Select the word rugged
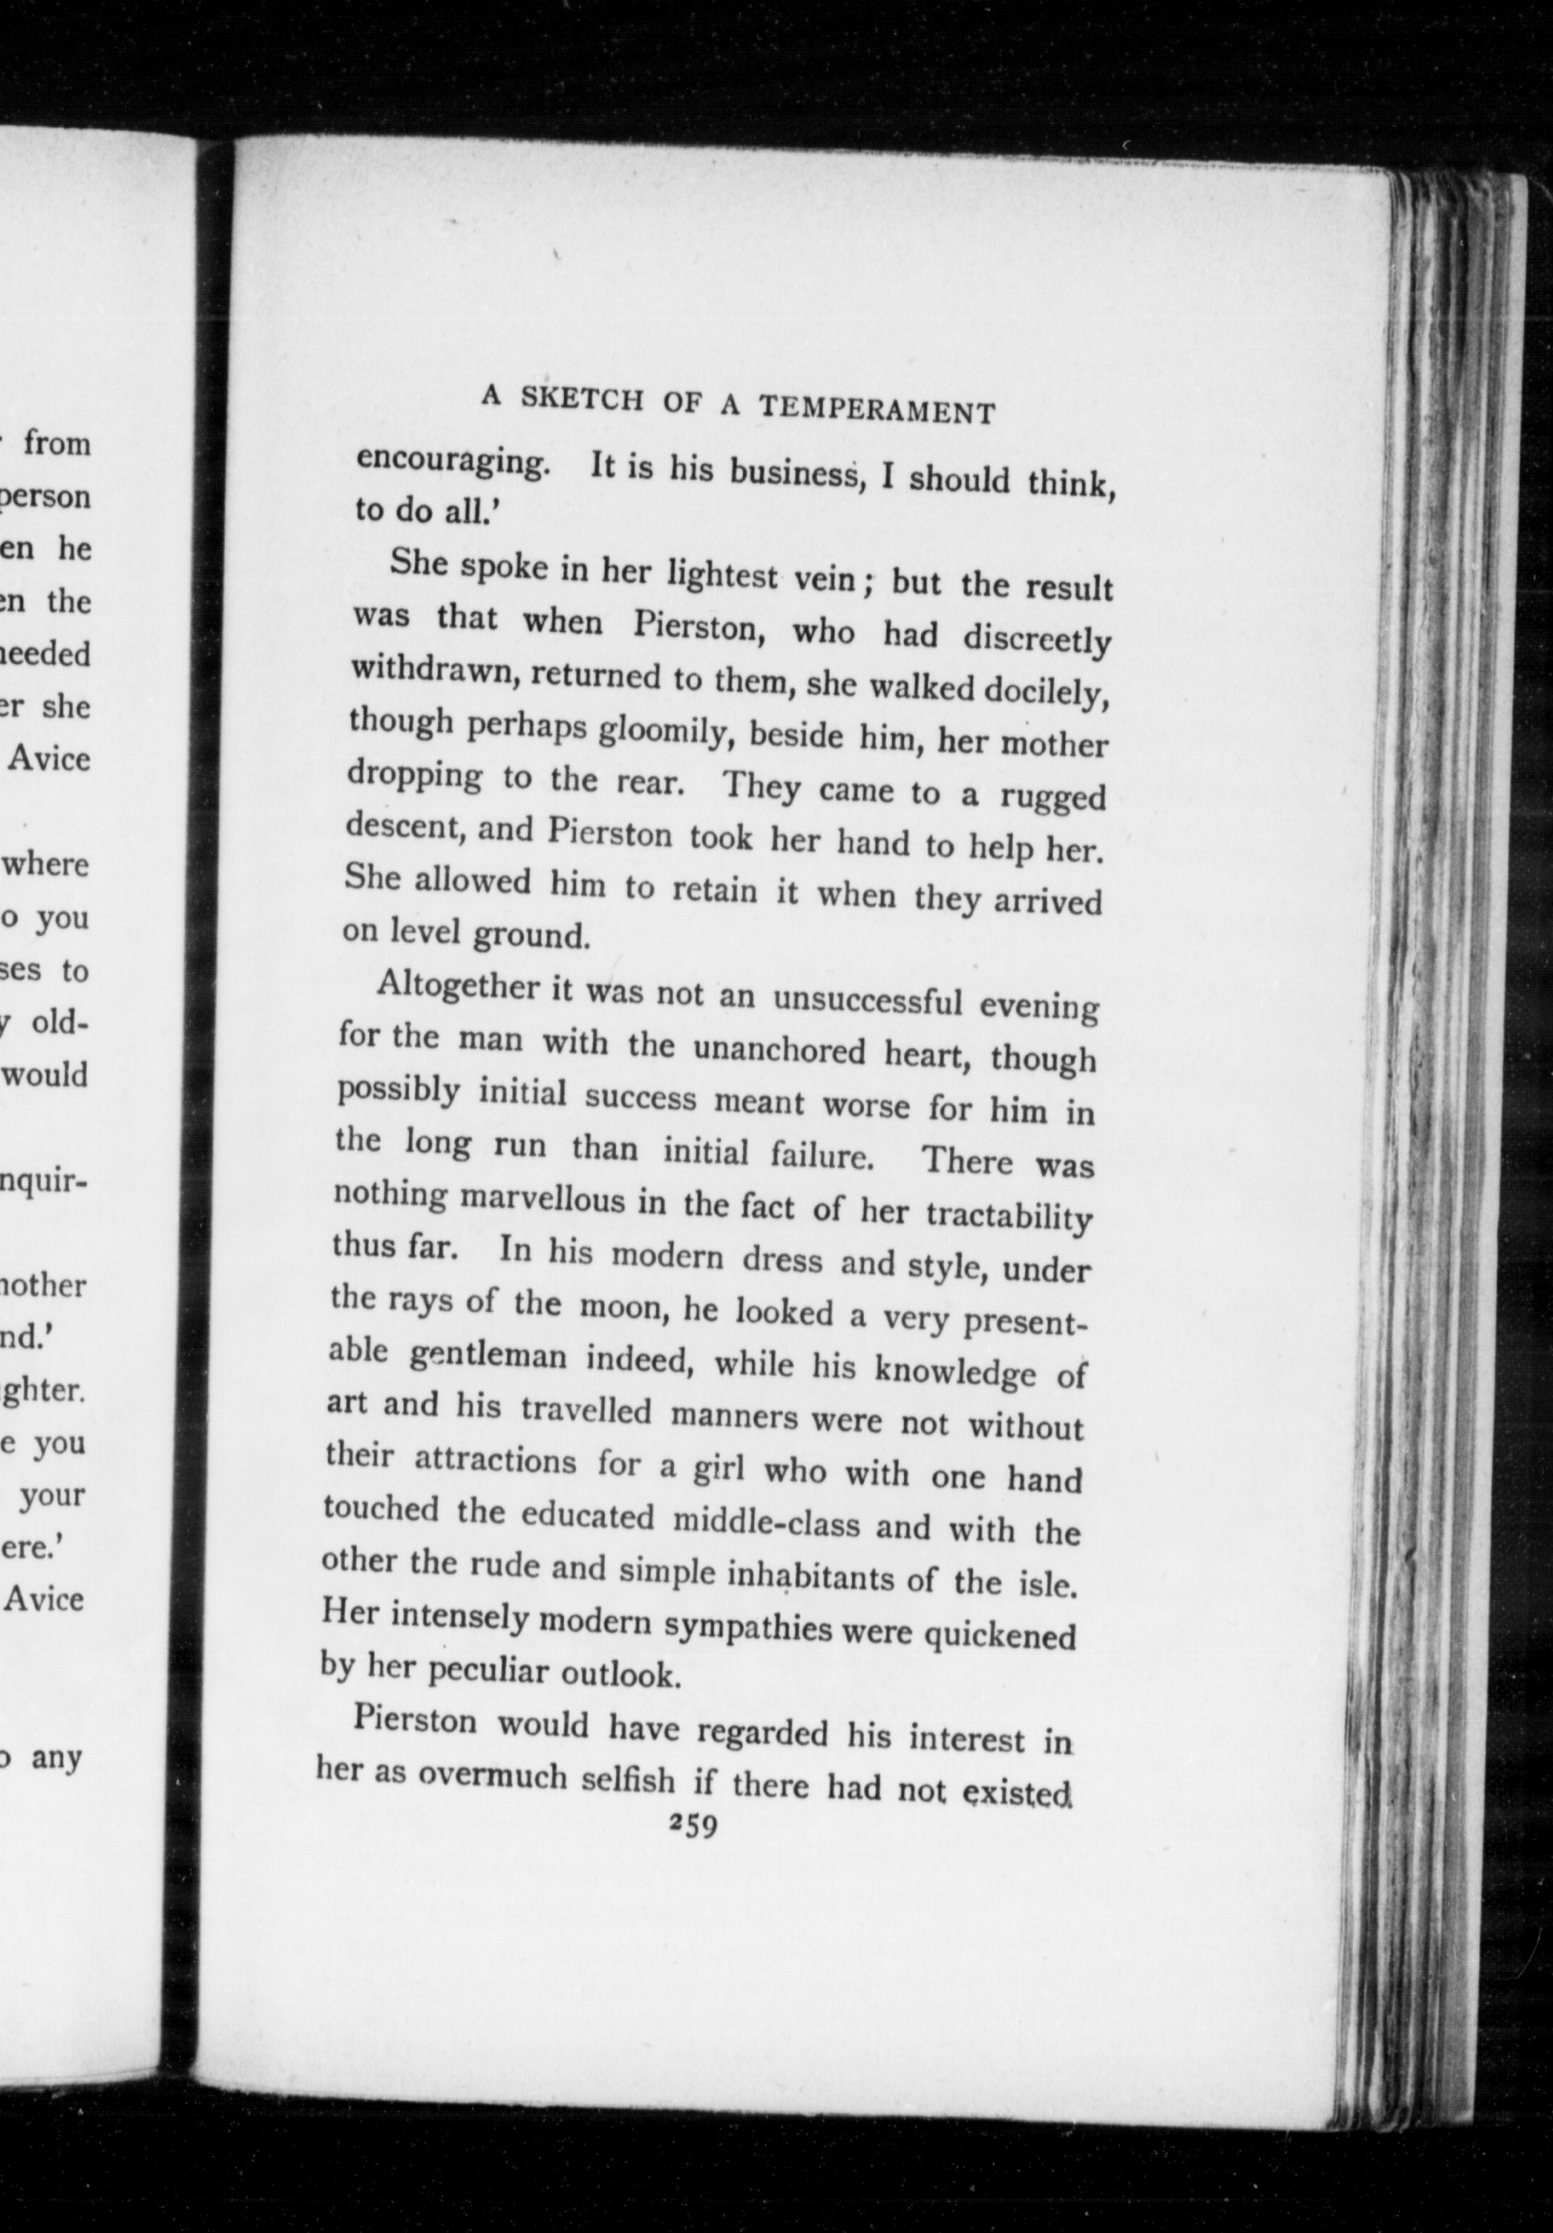pos(1054,796)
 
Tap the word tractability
pos(1008,1216)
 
